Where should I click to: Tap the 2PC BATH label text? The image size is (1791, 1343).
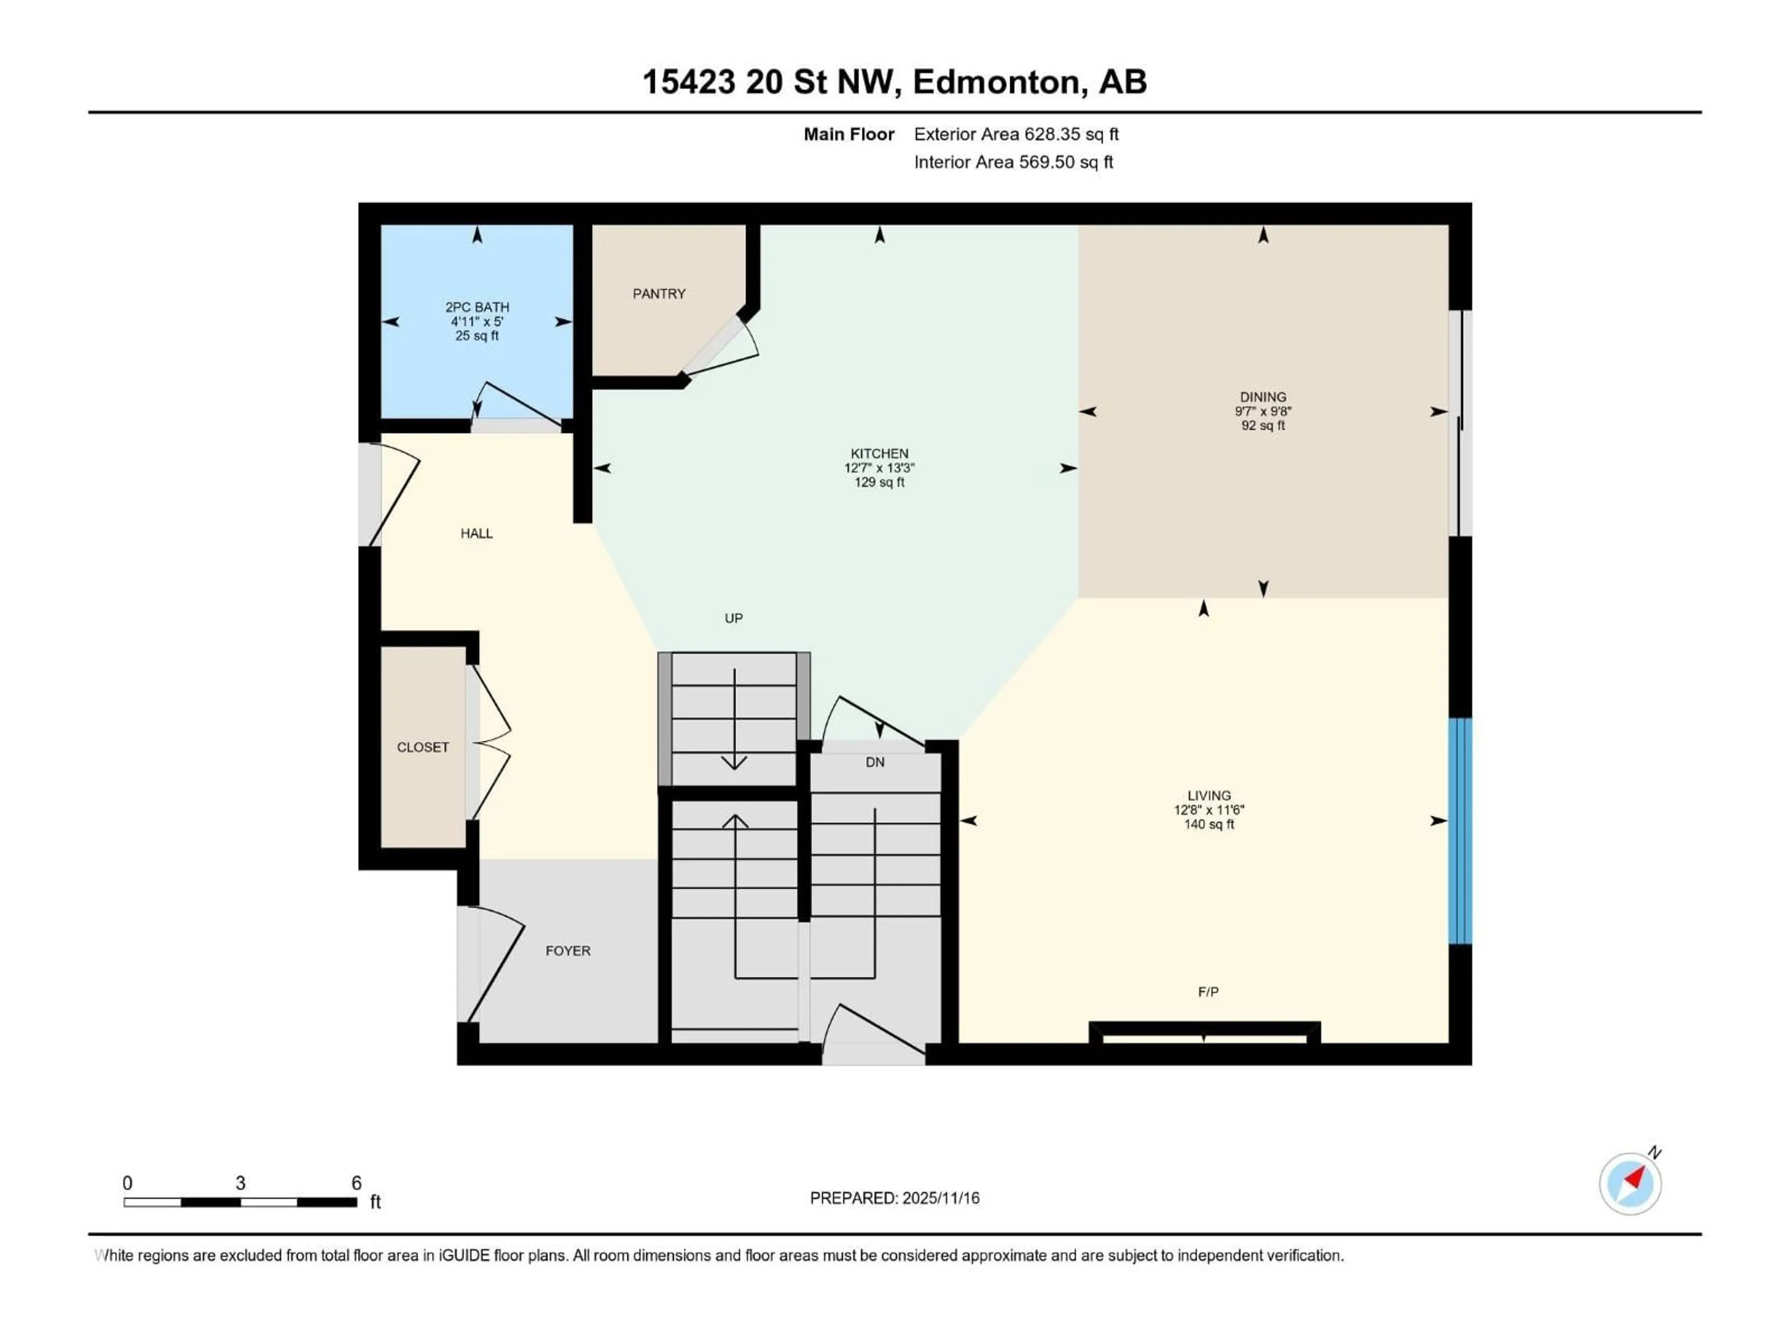[477, 308]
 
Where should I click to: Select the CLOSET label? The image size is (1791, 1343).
[423, 747]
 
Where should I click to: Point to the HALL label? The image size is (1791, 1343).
[476, 533]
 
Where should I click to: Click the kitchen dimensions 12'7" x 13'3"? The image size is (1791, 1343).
[879, 468]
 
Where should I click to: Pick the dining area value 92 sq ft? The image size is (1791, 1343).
[1263, 426]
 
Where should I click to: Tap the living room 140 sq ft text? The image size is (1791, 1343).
[1209, 824]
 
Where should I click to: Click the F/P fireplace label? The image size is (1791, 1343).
[1208, 992]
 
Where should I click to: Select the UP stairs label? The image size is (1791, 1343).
[734, 618]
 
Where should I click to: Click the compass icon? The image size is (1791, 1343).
[1630, 1184]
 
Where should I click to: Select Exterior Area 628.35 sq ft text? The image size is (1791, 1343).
[1016, 134]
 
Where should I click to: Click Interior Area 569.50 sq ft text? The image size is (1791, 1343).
[1013, 162]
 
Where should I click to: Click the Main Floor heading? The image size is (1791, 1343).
[848, 134]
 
